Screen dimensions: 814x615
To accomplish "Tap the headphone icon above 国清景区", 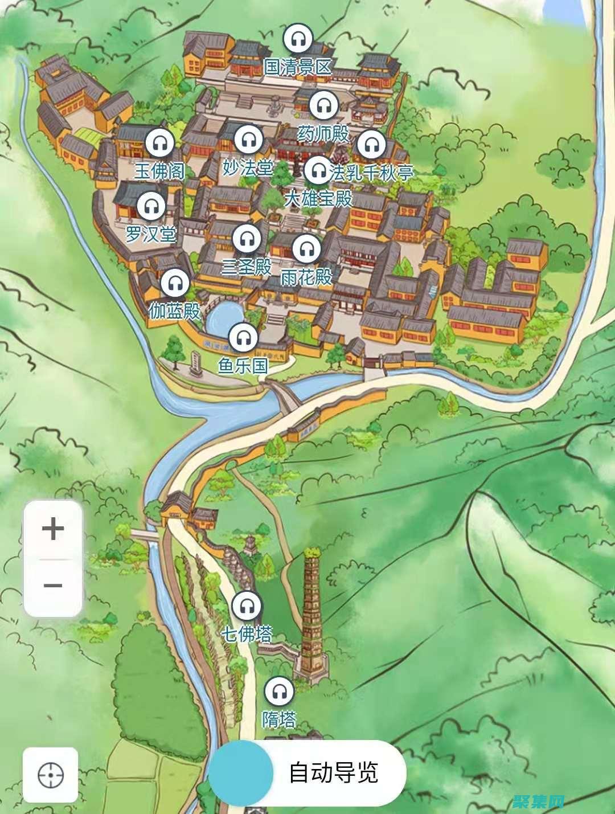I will pyautogui.click(x=298, y=39).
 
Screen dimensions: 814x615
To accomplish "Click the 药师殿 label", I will pyautogui.click(x=323, y=134).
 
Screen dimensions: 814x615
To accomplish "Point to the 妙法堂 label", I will pyautogui.click(x=248, y=168).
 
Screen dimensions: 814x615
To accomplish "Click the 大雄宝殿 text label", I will pyautogui.click(x=318, y=199).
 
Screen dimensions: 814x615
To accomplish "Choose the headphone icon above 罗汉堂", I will pyautogui.click(x=151, y=206).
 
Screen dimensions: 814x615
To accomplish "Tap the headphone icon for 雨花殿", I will pyautogui.click(x=306, y=248).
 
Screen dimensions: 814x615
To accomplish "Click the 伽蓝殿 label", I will pyautogui.click(x=174, y=311).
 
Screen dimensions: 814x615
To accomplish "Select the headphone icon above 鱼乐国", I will pyautogui.click(x=244, y=337).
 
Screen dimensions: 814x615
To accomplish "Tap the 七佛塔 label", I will pyautogui.click(x=247, y=633).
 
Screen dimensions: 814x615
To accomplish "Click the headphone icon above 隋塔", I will pyautogui.click(x=279, y=692).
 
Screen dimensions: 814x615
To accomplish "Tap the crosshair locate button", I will pyautogui.click(x=50, y=775).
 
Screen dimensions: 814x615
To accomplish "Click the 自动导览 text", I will pyautogui.click(x=333, y=773).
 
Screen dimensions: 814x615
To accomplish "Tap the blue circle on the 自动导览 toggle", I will pyautogui.click(x=240, y=773).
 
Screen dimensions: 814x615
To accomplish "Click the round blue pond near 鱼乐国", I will pyautogui.click(x=224, y=319).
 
